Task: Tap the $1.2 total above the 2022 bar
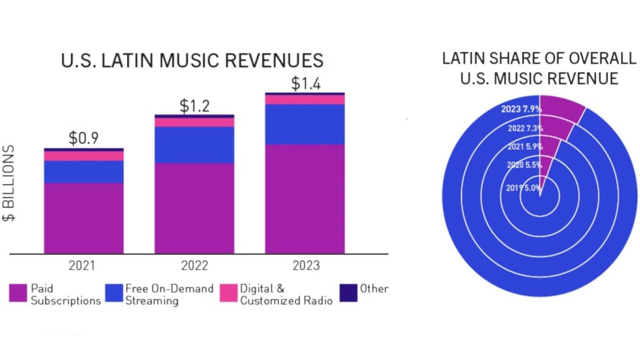pos(194,105)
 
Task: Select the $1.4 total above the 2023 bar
pos(305,83)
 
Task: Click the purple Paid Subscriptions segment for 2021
pos(84,218)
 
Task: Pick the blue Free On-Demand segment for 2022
pos(194,145)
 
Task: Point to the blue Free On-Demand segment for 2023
pos(305,124)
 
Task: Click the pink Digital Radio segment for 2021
pos(84,156)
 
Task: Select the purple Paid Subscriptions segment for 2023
pos(305,198)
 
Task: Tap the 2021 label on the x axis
pos(83,266)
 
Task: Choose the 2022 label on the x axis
pos(194,266)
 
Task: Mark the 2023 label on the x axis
pos(305,266)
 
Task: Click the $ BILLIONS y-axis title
pos(10,184)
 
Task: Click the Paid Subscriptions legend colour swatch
pos(18,293)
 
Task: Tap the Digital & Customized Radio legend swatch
pos(229,293)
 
